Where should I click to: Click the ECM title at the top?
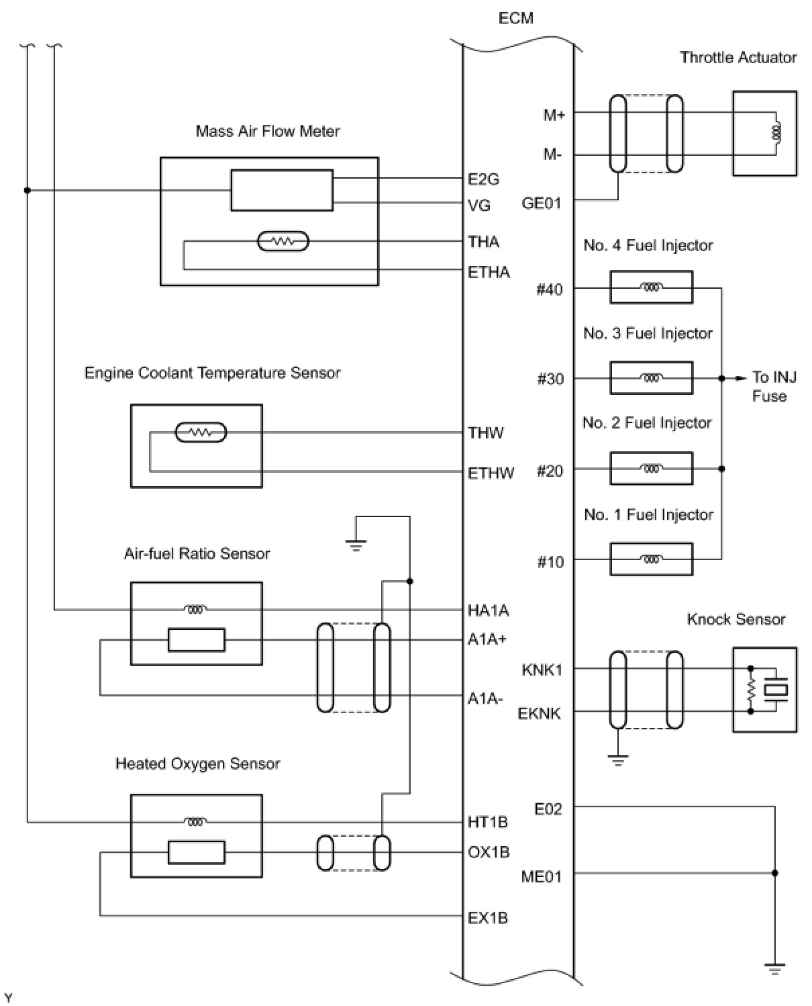[x=515, y=18]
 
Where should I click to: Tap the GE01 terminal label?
[x=541, y=203]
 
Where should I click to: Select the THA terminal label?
[x=483, y=242]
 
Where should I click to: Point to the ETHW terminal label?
[x=491, y=473]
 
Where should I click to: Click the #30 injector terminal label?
[x=550, y=379]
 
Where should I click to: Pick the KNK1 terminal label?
[x=542, y=670]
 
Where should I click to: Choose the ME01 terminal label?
[x=541, y=877]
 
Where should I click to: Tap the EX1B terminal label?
[x=487, y=917]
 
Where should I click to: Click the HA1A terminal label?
[x=488, y=610]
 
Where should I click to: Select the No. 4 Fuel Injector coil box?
[x=651, y=287]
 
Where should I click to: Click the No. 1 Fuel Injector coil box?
[x=651, y=559]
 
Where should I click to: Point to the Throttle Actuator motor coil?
[x=776, y=133]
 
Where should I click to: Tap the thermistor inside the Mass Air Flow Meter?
[x=283, y=241]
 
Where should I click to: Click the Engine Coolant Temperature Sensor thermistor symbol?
[x=201, y=432]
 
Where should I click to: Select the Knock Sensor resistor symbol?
[x=751, y=690]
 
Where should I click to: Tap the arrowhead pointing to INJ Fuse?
[x=742, y=378]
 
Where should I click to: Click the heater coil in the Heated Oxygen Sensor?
[x=195, y=823]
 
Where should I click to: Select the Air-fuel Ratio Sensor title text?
[x=197, y=553]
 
